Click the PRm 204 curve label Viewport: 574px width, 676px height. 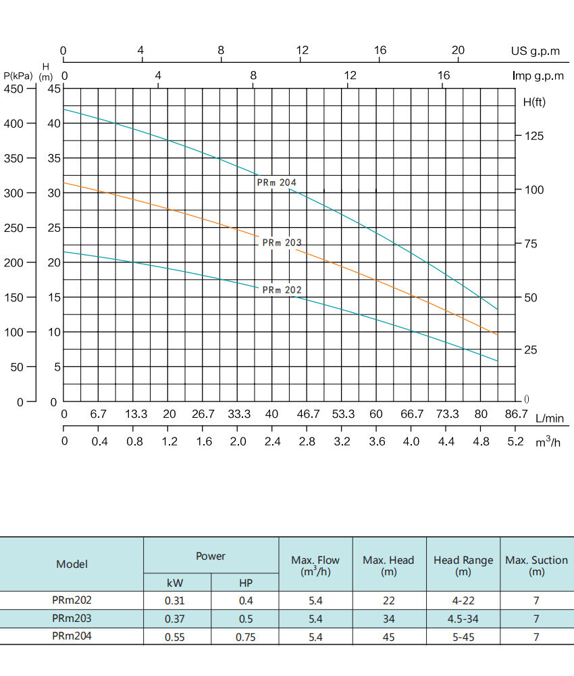[276, 183]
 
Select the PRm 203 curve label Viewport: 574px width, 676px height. [282, 243]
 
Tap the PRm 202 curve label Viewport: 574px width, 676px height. [282, 290]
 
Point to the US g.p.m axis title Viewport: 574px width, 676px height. [536, 51]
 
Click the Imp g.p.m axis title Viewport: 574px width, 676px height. [538, 76]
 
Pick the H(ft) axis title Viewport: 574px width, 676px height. [534, 102]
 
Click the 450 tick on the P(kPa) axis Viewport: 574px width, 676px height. [14, 89]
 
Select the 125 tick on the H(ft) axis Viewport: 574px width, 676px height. [535, 136]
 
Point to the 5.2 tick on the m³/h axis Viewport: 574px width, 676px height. [515, 441]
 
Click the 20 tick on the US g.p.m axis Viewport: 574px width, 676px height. [458, 51]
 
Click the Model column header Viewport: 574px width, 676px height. [72, 564]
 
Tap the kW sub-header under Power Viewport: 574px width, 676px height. [175, 583]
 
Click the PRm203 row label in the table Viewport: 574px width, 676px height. [72, 618]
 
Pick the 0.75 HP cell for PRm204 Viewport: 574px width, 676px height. [245, 637]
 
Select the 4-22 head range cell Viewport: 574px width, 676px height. [463, 600]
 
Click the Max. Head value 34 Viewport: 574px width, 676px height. [388, 619]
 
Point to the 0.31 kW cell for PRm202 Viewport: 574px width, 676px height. [175, 600]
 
